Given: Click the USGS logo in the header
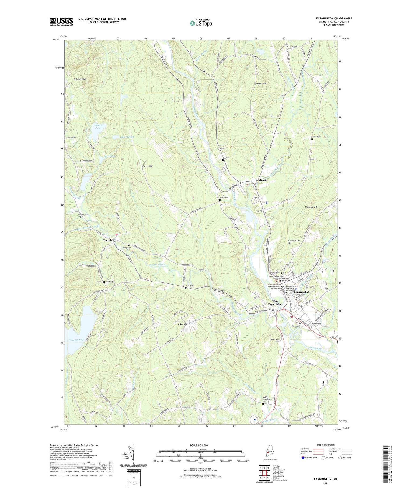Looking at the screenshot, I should [x=61, y=22].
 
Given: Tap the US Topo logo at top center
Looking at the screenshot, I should [x=201, y=23].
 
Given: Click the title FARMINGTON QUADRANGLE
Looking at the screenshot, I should [x=334, y=18].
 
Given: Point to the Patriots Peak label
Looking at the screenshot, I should [x=80, y=79].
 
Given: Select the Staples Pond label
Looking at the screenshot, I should [x=98, y=126].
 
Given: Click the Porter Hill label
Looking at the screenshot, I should [x=147, y=166].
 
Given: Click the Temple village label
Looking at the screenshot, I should [x=107, y=240].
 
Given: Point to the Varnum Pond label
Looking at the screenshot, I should [x=76, y=340].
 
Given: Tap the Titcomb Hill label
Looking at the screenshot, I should [x=311, y=207].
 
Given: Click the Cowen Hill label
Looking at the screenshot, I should [x=261, y=83].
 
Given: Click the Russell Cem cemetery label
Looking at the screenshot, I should [x=189, y=285].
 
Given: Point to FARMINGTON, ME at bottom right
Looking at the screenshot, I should [x=326, y=479].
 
